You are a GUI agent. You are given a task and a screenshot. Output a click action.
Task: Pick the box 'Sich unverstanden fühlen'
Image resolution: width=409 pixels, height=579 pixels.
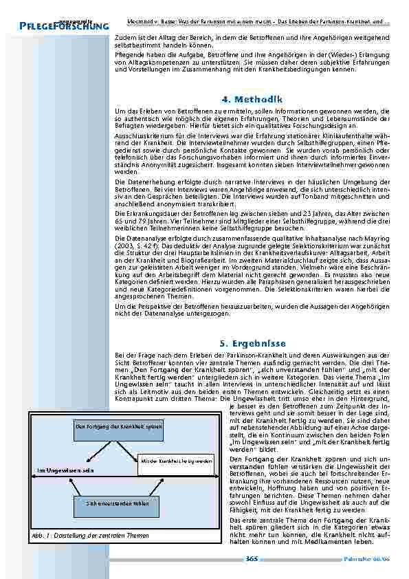pos(118,503)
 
